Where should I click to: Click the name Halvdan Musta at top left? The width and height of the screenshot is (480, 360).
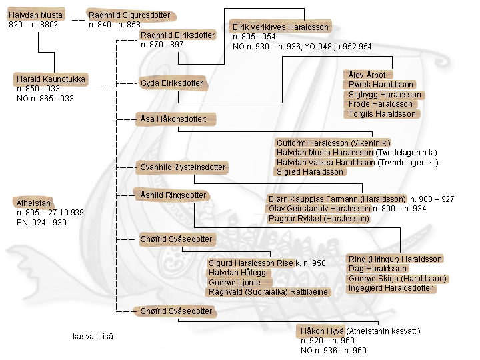tap(35, 15)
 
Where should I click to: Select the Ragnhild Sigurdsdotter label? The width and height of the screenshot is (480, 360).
tap(129, 15)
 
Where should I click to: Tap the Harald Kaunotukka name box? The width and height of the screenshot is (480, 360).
tap(51, 79)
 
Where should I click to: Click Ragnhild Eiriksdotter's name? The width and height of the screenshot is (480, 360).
tap(177, 35)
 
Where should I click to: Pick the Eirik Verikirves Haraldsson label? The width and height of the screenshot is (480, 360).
tap(280, 27)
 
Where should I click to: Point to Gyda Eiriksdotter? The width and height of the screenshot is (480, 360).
tap(171, 83)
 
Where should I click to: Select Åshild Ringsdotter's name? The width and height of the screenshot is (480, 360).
tap(173, 195)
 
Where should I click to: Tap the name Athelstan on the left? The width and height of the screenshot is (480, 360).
tap(34, 203)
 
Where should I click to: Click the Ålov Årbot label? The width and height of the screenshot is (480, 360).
tap(367, 75)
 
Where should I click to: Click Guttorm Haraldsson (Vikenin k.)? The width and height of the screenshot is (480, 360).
tap(333, 143)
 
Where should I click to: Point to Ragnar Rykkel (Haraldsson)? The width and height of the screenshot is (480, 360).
tap(319, 218)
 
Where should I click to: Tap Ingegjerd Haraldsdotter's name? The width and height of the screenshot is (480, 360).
tap(391, 288)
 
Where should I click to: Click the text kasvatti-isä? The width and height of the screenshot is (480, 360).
tap(93, 336)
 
